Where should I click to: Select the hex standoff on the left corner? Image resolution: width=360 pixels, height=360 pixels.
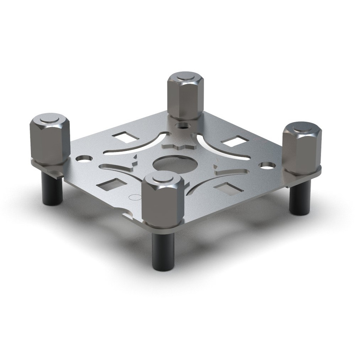click(49, 141)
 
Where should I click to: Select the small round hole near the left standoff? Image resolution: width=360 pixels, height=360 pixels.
click(81, 158)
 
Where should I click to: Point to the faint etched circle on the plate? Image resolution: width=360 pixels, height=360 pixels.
click(135, 198)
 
